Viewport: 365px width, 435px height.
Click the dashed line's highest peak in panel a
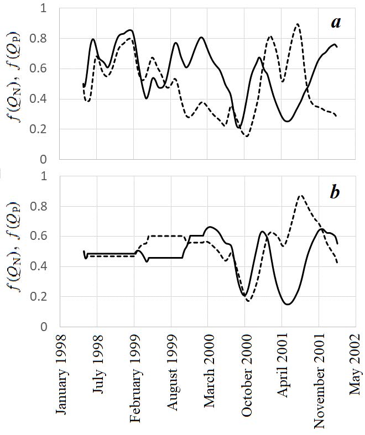[298, 24]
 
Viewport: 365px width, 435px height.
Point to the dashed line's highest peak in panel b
[300, 196]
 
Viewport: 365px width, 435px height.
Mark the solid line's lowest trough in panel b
[288, 304]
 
